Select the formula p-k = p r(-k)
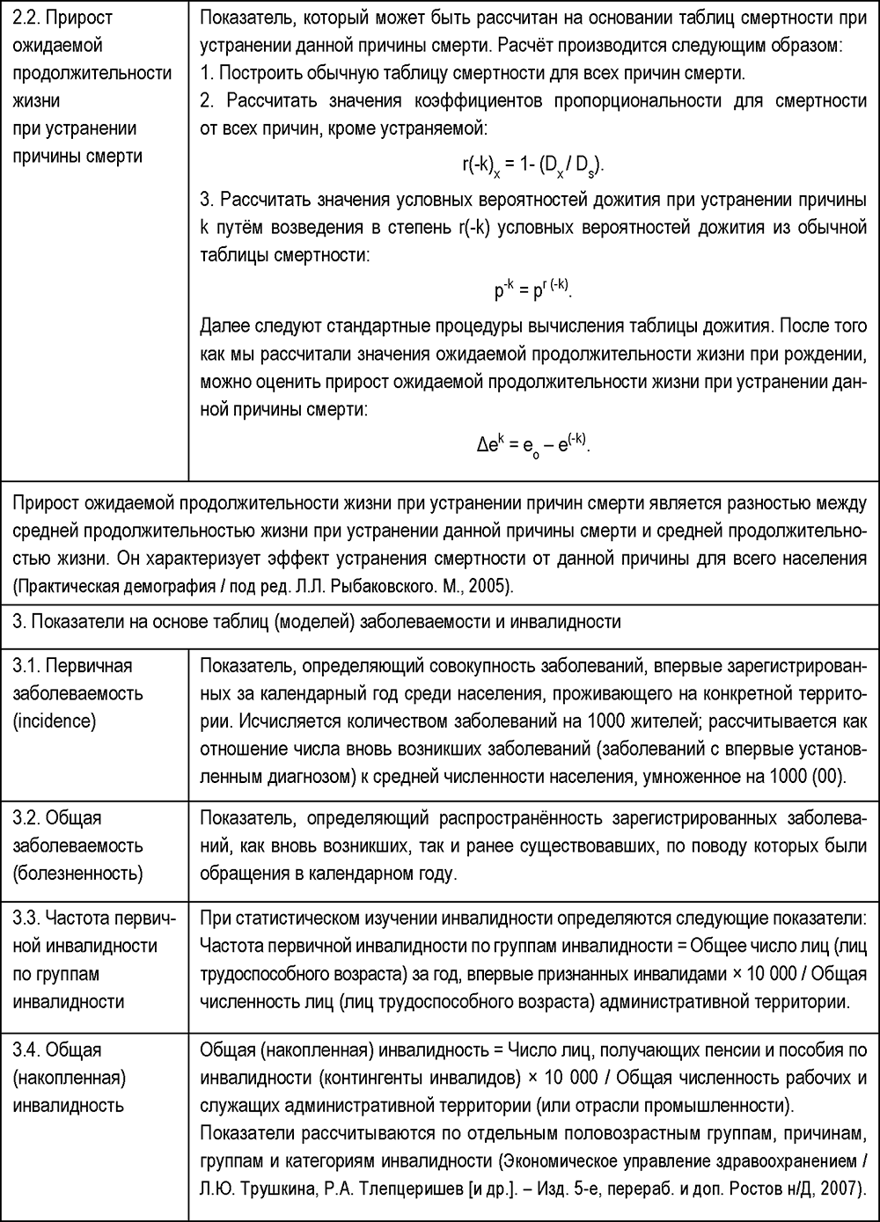[x=533, y=289]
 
